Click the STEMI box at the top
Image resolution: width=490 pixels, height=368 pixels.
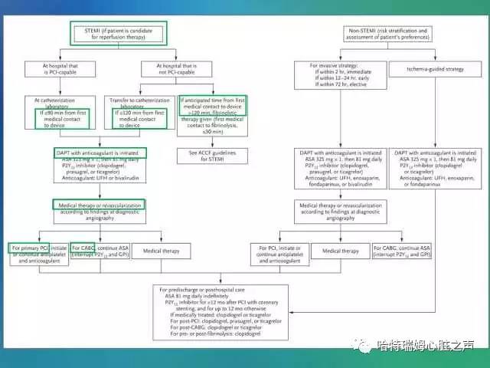pyautogui.click(x=118, y=33)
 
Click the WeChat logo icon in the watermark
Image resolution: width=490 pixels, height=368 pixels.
pyautogui.click(x=365, y=346)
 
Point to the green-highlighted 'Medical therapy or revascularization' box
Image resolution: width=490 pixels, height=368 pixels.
pyautogui.click(x=99, y=209)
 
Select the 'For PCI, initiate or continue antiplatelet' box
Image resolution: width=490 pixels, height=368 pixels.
pyautogui.click(x=279, y=254)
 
